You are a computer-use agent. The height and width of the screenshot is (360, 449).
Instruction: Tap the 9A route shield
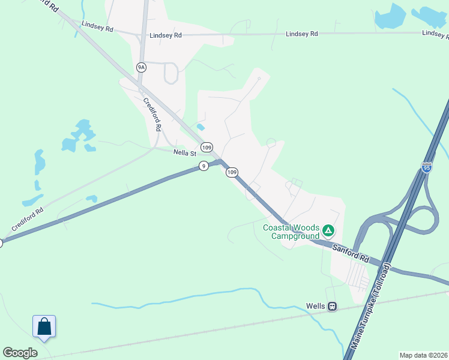point(141,67)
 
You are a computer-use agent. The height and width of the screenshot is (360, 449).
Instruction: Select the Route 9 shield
point(204,166)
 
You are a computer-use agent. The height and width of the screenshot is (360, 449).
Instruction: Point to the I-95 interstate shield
point(427,167)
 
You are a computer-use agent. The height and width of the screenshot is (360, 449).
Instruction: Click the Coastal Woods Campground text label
point(292,232)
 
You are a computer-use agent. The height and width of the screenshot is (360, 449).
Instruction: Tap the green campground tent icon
point(328,230)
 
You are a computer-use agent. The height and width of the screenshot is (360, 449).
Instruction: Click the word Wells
point(315,306)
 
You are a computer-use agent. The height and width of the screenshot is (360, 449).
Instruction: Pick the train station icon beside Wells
point(332,306)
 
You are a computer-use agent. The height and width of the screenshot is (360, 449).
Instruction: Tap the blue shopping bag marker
point(44,326)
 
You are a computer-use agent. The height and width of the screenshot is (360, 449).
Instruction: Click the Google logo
point(20,353)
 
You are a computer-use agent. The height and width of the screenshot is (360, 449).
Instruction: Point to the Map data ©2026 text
point(423,355)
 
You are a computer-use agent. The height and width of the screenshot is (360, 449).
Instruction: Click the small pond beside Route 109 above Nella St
point(200,127)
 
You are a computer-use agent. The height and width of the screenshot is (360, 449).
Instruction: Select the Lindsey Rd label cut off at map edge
point(435,34)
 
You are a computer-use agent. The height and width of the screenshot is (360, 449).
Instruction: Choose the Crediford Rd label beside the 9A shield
point(152,115)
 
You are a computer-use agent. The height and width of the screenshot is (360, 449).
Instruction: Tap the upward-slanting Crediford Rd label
point(27,220)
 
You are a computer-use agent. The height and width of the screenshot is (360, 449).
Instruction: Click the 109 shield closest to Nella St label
point(206,147)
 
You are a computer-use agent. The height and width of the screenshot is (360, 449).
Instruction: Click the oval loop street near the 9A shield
point(171,73)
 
